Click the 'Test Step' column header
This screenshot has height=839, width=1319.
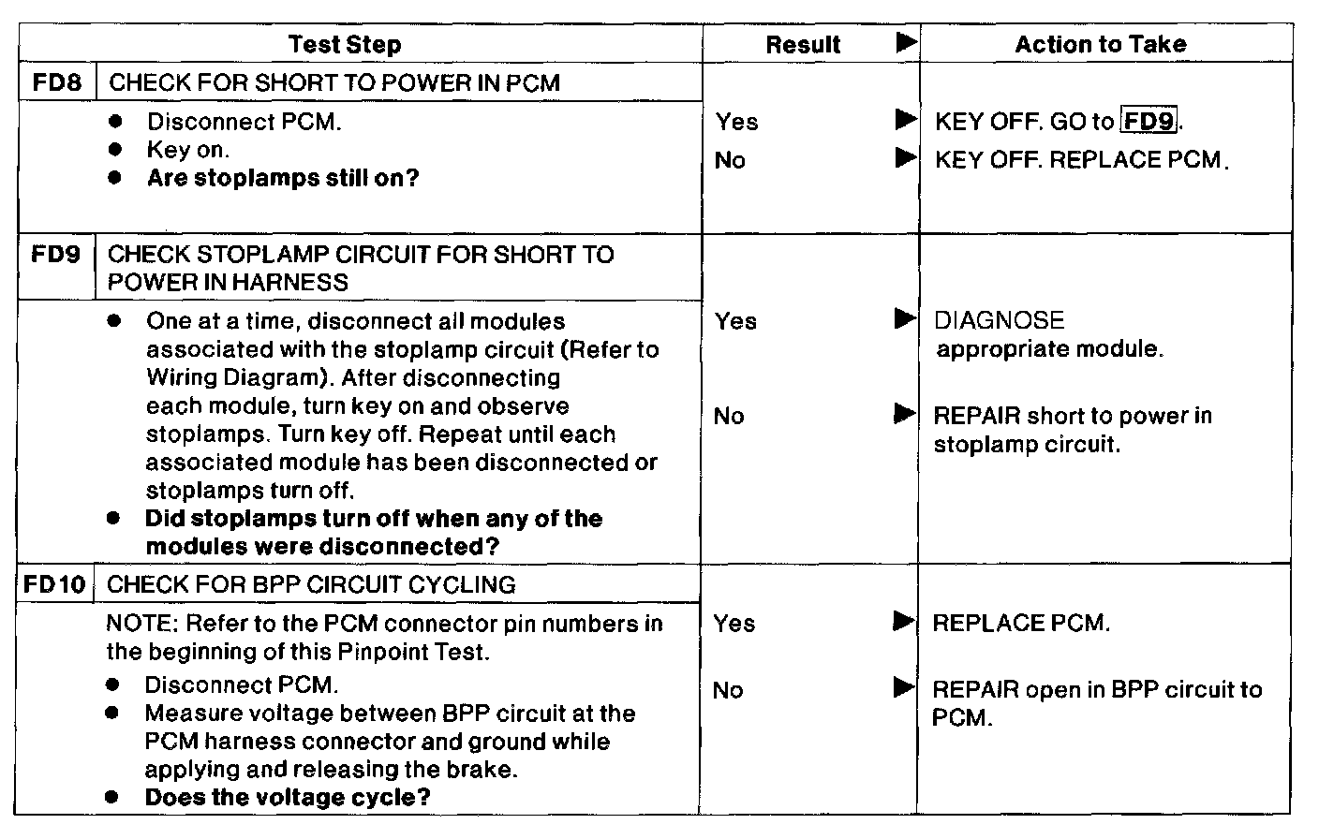pyautogui.click(x=345, y=44)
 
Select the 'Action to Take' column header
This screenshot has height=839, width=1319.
pyautogui.click(x=1101, y=44)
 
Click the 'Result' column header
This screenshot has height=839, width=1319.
pyautogui.click(x=803, y=44)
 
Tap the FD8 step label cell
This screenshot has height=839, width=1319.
pyautogui.click(x=56, y=82)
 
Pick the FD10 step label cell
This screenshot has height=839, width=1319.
pyautogui.click(x=54, y=585)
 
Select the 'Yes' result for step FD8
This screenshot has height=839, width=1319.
pyautogui.click(x=737, y=122)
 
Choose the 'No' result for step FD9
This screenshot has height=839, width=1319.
pyautogui.click(x=729, y=416)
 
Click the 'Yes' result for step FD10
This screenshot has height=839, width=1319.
pyautogui.click(x=734, y=623)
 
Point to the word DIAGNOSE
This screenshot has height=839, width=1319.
pyautogui.click(x=1000, y=320)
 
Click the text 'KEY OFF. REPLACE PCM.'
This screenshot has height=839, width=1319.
pyautogui.click(x=1081, y=159)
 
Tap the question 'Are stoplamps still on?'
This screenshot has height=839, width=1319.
pyautogui.click(x=283, y=178)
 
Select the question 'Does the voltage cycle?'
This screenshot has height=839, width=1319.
pyautogui.click(x=288, y=798)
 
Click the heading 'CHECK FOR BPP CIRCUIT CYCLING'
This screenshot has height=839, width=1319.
pyautogui.click(x=311, y=585)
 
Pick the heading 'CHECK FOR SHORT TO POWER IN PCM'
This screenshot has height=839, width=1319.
pyautogui.click(x=334, y=82)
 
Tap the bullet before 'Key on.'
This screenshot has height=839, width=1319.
pyautogui.click(x=115, y=150)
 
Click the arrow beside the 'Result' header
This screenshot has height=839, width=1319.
pyautogui.click(x=906, y=43)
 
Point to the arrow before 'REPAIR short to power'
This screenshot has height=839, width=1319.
pyautogui.click(x=905, y=415)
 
